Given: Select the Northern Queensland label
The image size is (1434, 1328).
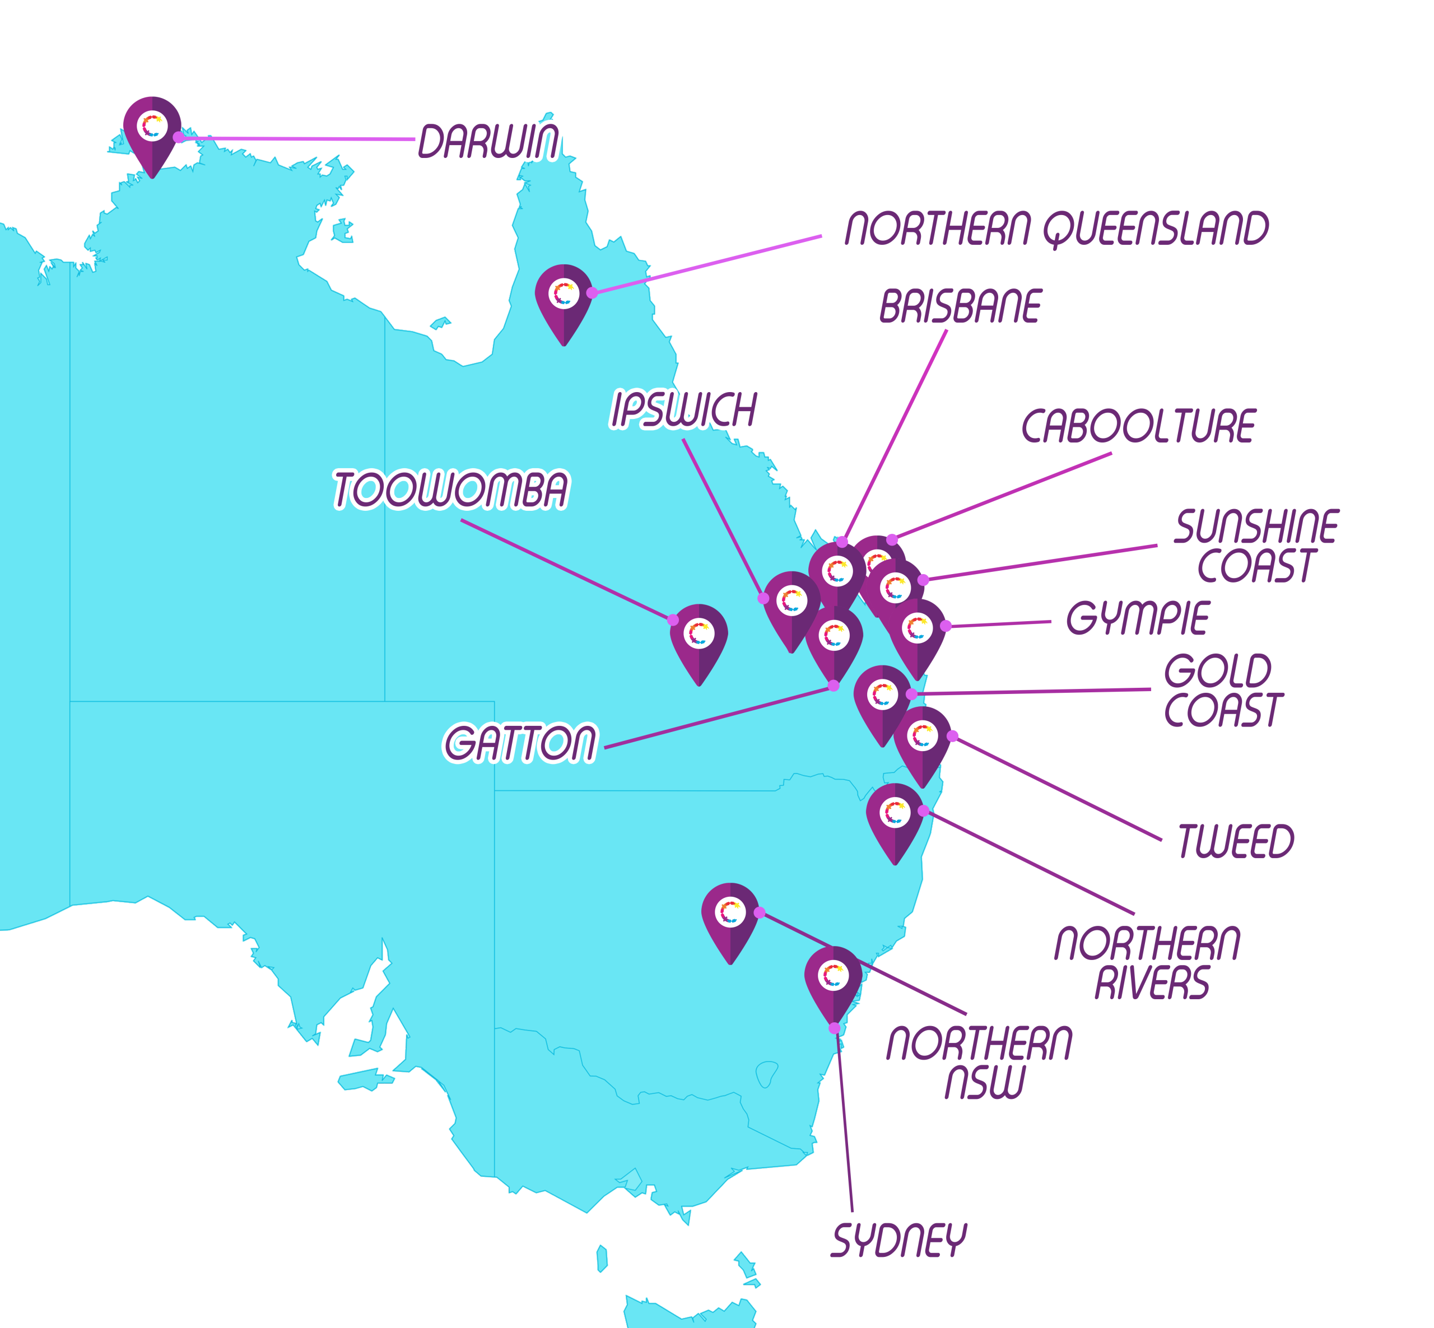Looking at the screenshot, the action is point(1056,229).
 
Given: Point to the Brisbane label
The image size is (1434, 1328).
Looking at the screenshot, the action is point(960,307).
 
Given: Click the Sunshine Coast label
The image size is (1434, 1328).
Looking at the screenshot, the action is point(1256,546).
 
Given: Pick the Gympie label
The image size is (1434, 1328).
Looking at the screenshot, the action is point(1137,619).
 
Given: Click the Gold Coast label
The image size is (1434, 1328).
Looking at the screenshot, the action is point(1223,691).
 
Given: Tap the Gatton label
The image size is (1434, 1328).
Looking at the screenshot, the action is point(520,743).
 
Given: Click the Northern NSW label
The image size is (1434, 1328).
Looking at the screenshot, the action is point(979,1064).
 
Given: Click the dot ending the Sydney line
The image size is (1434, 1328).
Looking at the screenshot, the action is point(834,1028).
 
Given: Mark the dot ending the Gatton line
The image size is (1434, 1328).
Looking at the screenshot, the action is point(833,686).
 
